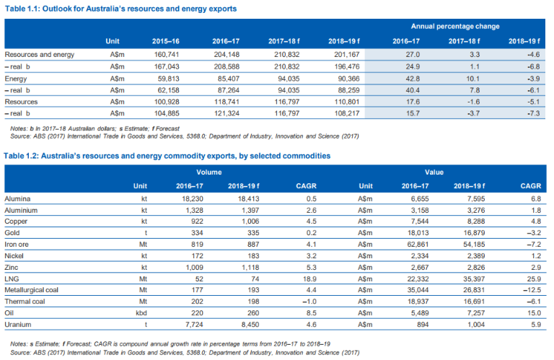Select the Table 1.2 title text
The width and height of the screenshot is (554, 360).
pos(167,155)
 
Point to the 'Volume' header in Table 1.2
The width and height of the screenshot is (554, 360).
pos(209,173)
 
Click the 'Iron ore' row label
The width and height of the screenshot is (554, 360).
pos(18,244)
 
